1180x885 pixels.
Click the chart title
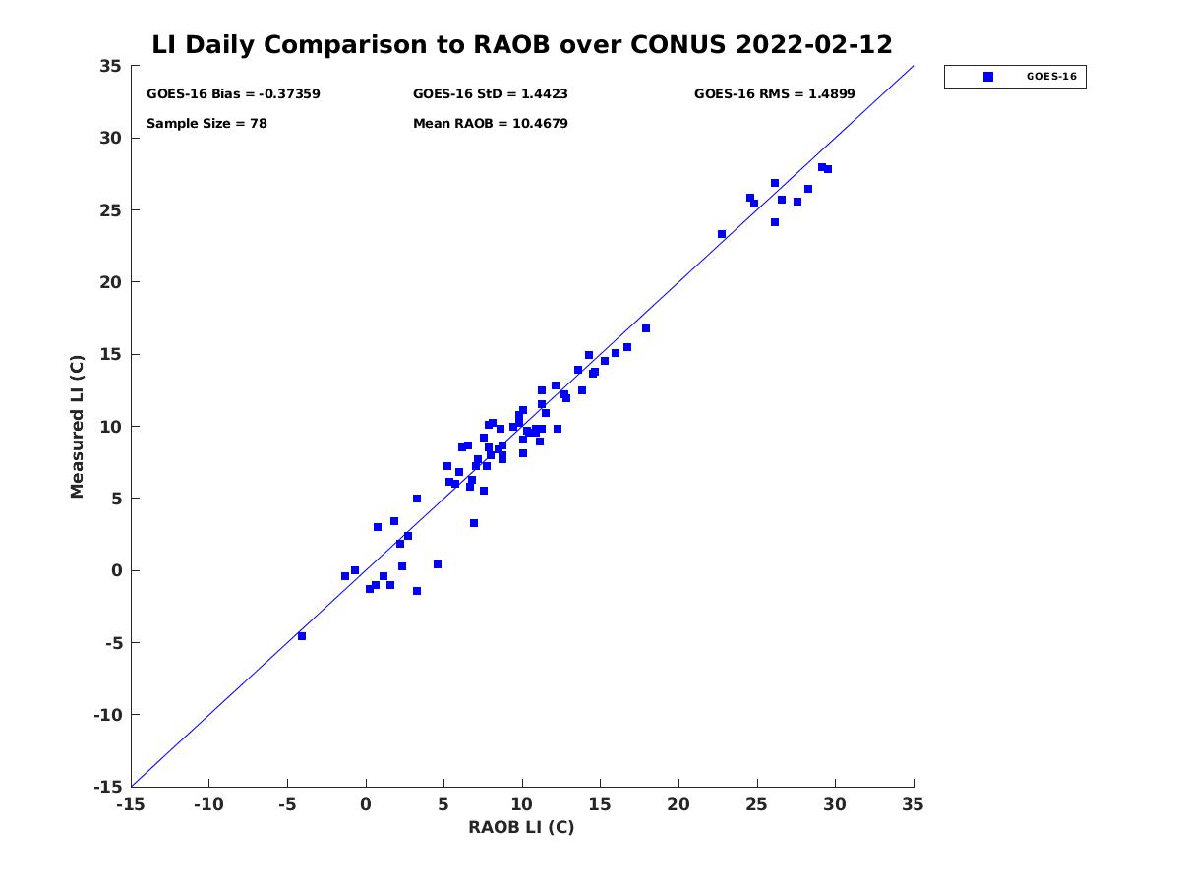click(522, 44)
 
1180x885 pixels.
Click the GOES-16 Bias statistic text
click(233, 94)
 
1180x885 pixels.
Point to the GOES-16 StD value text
click(490, 94)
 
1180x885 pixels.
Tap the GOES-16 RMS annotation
click(774, 94)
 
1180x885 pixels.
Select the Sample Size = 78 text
click(206, 124)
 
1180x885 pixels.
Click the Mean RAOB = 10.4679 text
click(490, 124)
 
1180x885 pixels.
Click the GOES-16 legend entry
click(1014, 77)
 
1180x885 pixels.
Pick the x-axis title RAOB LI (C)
click(521, 827)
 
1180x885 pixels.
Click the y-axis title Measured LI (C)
click(77, 427)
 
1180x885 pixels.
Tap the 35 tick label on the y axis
click(110, 66)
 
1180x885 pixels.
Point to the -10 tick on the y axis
click(106, 715)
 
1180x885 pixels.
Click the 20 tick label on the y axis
click(110, 282)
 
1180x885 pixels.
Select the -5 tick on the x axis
click(287, 804)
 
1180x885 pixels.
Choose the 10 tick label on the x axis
click(522, 804)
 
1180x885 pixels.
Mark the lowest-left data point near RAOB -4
click(302, 636)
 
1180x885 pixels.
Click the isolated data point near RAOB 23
click(722, 234)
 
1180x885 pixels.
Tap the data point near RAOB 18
click(646, 328)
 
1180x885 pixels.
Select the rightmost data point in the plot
click(828, 169)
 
